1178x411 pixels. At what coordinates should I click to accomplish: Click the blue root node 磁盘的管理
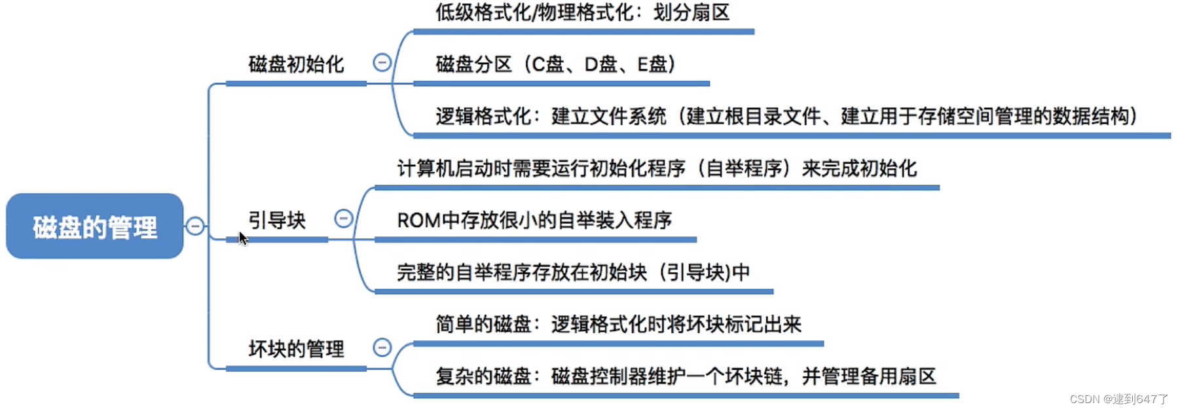pos(95,226)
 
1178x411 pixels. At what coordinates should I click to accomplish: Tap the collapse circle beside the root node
pos(195,226)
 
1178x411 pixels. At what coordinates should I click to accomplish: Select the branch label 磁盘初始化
pos(296,64)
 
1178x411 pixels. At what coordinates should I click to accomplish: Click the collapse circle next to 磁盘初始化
pos(382,62)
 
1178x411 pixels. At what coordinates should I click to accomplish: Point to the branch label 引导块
pos(277,220)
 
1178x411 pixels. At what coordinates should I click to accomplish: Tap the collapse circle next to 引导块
pos(344,218)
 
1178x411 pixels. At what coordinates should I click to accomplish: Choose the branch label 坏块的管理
pos(296,349)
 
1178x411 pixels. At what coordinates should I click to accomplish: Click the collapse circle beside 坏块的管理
pos(382,347)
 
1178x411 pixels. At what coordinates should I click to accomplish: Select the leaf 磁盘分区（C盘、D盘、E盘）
pos(555,64)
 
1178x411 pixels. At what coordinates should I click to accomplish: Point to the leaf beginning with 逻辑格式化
pos(786,116)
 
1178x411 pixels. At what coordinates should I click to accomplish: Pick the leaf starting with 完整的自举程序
pos(574,272)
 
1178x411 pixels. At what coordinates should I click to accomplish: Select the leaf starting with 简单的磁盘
pos(618,324)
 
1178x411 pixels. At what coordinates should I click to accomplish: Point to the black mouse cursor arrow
pos(242,238)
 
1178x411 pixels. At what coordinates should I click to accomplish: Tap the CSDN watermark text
pos(1118,399)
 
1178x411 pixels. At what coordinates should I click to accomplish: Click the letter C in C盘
pos(538,64)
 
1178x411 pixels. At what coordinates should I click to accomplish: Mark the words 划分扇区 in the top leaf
pos(691,12)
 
